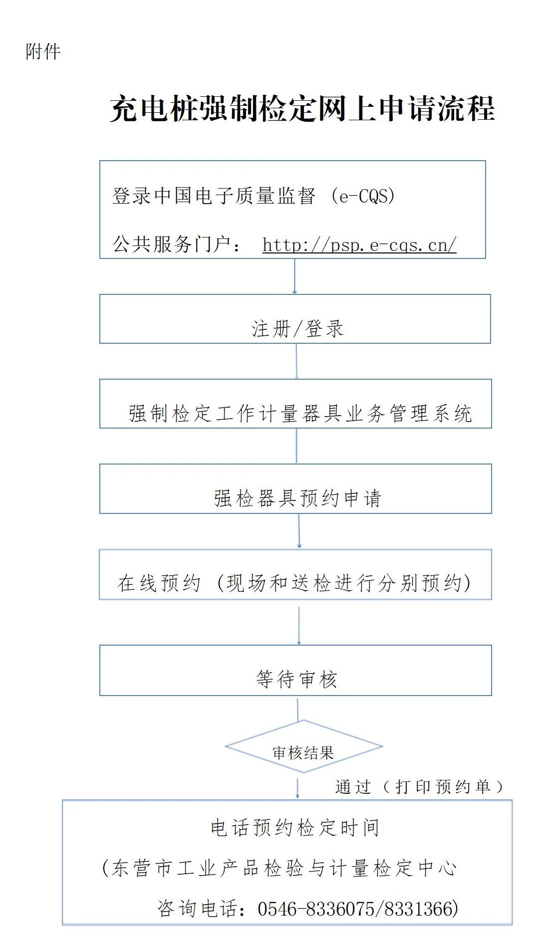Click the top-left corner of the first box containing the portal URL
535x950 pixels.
100,161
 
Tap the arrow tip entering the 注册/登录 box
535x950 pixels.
294,293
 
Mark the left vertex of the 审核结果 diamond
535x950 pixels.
226,747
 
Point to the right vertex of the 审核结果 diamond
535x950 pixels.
382,747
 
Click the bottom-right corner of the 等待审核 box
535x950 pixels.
492,695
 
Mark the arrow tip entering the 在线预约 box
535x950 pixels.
299,548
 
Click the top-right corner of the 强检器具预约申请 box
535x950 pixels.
492,465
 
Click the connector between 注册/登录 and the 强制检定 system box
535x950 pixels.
297,361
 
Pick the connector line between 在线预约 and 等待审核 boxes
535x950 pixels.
299,626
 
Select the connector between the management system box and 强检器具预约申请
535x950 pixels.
297,446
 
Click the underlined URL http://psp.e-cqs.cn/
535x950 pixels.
359,245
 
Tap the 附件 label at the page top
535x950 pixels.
43,51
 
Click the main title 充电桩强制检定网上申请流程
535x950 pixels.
302,108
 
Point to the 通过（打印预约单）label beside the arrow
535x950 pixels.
419,787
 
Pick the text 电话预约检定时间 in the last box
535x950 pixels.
295,828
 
